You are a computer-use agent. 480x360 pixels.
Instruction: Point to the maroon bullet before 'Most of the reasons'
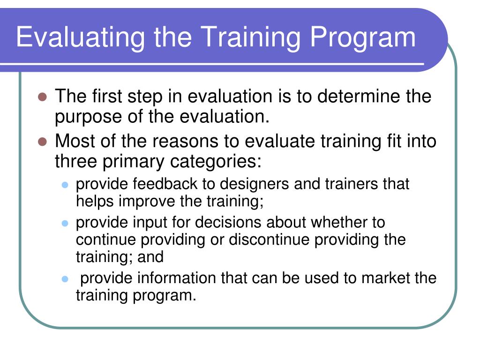coord(43,142)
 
